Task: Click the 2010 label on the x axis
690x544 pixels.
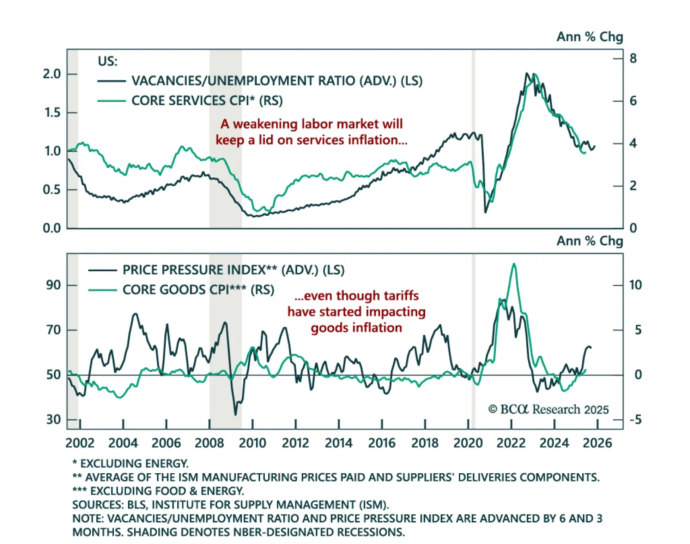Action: tap(252, 443)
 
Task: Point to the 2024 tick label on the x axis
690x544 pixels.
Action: tap(554, 443)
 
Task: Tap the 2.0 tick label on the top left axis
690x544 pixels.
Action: tap(52, 74)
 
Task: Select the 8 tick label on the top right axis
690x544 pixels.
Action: tap(633, 58)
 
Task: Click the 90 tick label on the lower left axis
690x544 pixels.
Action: tap(53, 285)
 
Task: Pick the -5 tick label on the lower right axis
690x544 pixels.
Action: tap(635, 419)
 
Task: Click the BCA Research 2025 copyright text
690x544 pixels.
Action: tap(548, 409)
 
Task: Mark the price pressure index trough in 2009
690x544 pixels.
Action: tap(235, 415)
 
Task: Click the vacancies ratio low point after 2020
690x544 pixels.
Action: tap(485, 212)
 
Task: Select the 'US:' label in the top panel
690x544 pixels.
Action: tap(107, 61)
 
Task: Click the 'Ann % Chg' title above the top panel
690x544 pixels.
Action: tap(590, 37)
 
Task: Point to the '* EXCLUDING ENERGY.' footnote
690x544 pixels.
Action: tap(130, 463)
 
